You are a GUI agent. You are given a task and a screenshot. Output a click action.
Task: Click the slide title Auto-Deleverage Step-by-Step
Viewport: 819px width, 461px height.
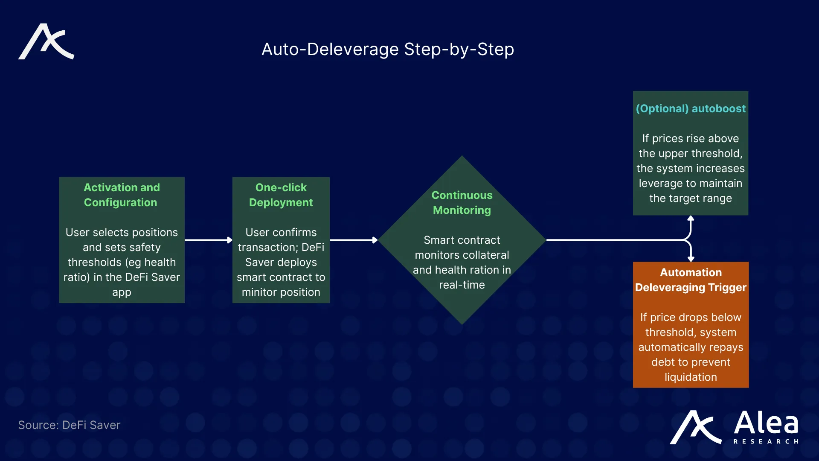[x=387, y=49]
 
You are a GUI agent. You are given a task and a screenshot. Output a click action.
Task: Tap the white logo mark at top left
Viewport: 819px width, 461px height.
[x=46, y=42]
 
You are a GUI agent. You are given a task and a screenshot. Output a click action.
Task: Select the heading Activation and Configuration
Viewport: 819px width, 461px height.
[x=122, y=195]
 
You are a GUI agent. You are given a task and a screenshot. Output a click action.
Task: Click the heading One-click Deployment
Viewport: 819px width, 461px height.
[x=281, y=195]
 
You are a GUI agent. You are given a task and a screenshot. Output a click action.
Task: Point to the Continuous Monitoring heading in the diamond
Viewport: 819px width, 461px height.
[x=462, y=202]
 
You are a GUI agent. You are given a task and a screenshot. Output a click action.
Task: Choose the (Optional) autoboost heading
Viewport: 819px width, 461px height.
[x=691, y=108]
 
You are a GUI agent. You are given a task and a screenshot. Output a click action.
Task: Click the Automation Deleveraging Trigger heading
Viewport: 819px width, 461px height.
[x=691, y=280]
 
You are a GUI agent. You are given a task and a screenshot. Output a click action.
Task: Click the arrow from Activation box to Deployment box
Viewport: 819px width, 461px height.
[x=208, y=240]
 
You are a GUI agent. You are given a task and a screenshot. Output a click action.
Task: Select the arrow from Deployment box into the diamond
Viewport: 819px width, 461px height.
[x=354, y=240]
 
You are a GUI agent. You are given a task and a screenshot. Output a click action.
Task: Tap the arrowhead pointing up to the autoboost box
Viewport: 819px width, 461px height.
[x=691, y=219]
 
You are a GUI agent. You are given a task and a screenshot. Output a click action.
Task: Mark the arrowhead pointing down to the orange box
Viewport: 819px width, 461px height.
[x=691, y=258]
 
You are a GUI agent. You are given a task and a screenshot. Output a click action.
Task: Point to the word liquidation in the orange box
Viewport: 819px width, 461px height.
[x=691, y=377]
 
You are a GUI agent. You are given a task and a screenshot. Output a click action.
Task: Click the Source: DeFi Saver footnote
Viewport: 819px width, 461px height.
[x=69, y=425]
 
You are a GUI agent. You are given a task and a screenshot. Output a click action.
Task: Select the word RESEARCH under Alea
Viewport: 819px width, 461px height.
[x=766, y=441]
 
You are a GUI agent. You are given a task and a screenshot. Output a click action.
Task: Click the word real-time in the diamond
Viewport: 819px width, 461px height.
[x=462, y=285]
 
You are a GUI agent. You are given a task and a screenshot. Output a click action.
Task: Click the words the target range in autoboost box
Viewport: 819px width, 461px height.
[x=691, y=198]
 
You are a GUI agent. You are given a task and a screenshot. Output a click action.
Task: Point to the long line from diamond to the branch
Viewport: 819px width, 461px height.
[x=614, y=240]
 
